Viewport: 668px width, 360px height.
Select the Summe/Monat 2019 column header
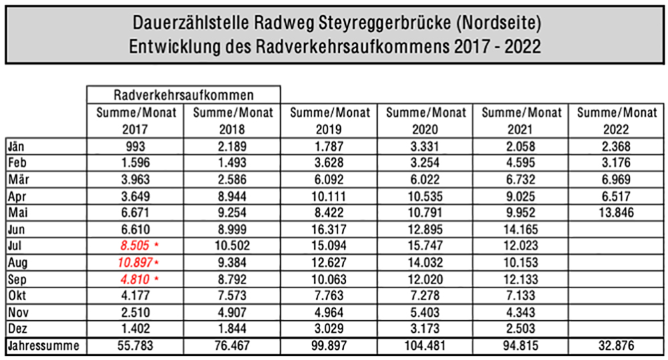coord(329,120)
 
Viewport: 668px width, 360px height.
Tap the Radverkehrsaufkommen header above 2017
coord(184,95)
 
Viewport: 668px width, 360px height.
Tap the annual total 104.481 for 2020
coord(426,346)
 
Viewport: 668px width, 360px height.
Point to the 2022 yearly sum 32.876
coord(618,346)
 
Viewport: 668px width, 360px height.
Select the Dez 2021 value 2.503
coord(522,328)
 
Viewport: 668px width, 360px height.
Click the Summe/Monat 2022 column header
coord(618,120)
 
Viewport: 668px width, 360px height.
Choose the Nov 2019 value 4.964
coord(329,311)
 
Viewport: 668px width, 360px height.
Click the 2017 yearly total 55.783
coord(136,346)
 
